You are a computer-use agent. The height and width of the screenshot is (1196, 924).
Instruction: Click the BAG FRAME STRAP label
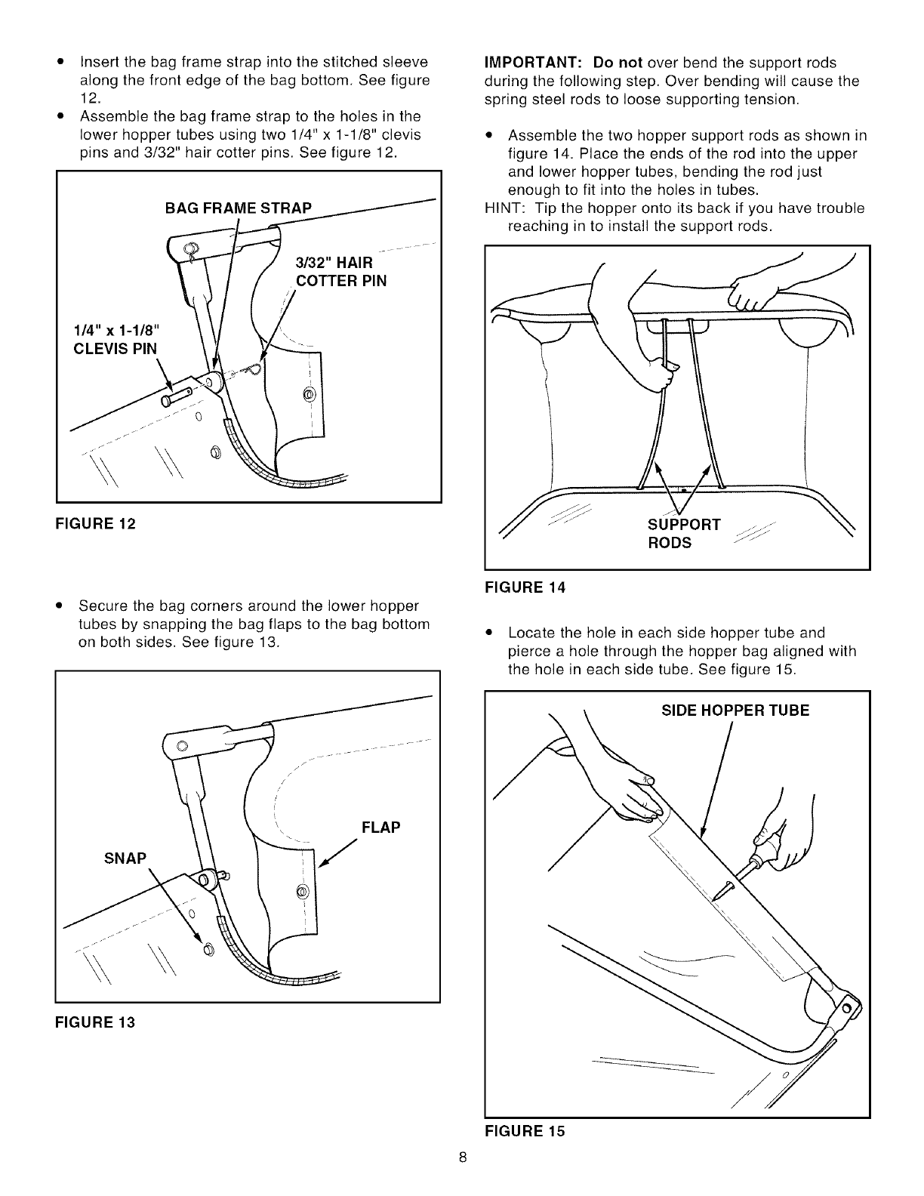click(x=238, y=208)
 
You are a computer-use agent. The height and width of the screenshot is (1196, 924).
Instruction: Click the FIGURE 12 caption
click(x=94, y=523)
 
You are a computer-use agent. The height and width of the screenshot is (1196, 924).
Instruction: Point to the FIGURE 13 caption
click(x=94, y=1023)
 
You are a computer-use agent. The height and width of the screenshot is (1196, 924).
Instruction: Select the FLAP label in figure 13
click(x=380, y=827)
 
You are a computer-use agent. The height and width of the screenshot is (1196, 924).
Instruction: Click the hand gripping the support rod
click(x=664, y=374)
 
